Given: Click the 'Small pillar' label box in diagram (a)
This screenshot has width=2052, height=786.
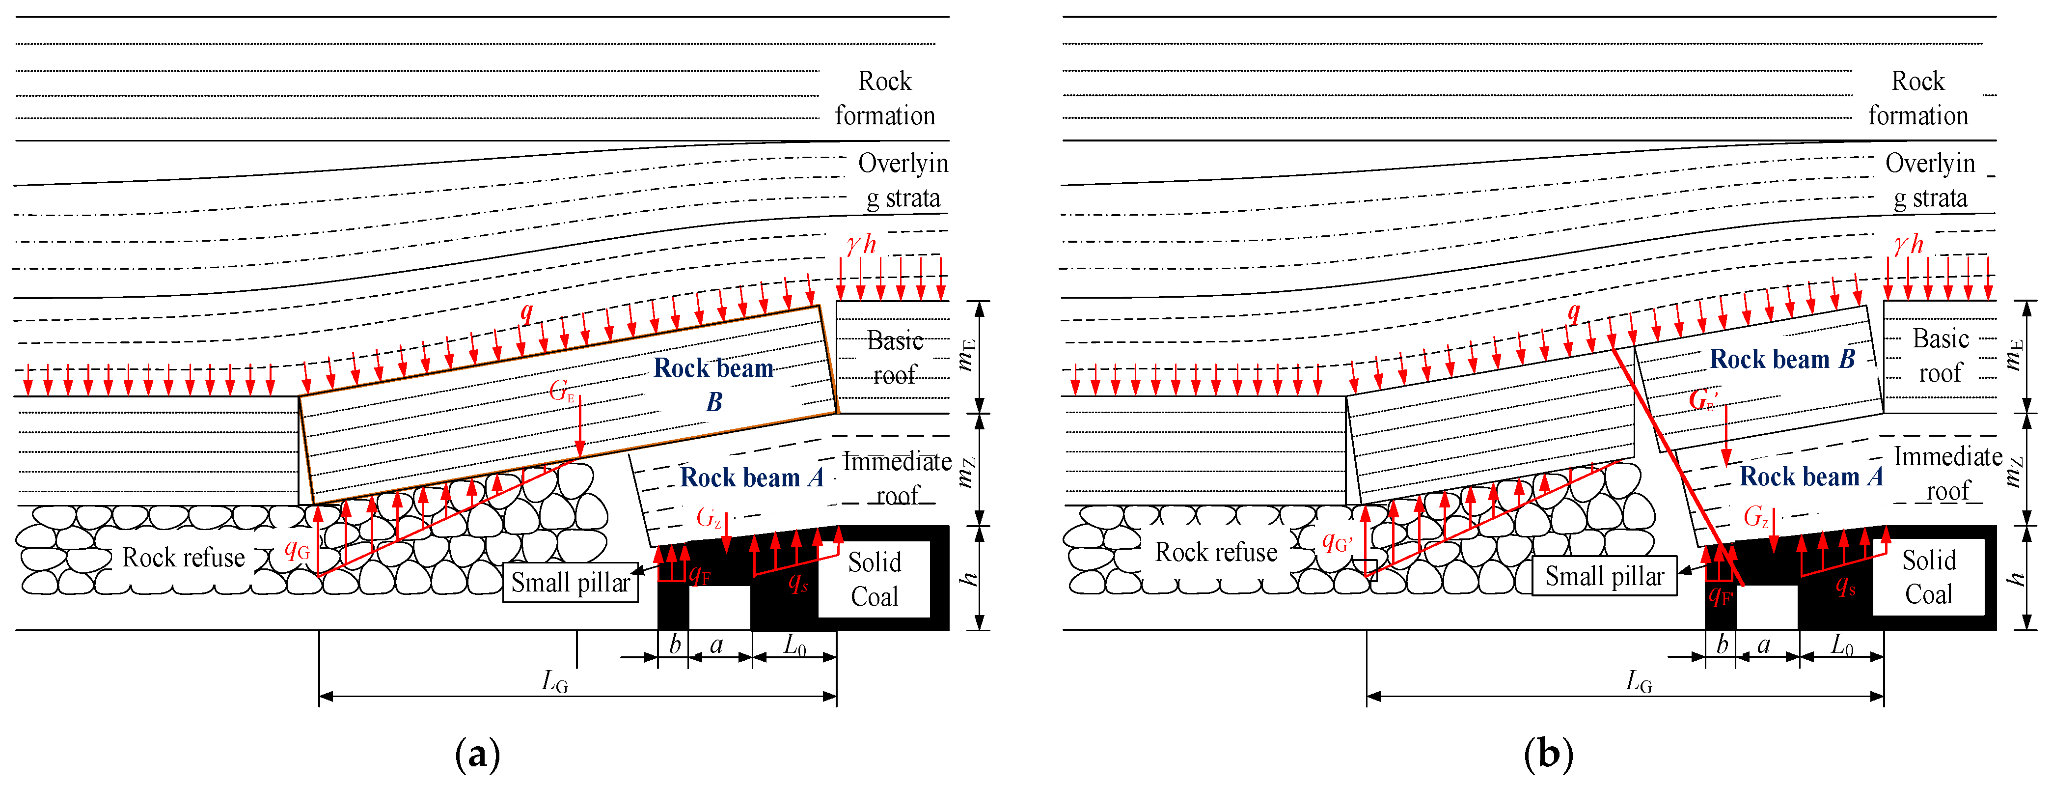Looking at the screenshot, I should pyautogui.click(x=571, y=583).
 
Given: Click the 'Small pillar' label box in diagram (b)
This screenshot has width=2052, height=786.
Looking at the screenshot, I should pyautogui.click(x=1604, y=576).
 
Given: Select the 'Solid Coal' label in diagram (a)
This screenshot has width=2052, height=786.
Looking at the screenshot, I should pyautogui.click(x=874, y=580).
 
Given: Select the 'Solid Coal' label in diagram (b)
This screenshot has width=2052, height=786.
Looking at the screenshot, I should pyautogui.click(x=1929, y=577).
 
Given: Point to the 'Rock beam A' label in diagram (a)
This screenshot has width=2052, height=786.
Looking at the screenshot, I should pyautogui.click(x=751, y=477).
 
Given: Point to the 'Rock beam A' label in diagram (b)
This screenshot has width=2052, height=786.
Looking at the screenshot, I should pyautogui.click(x=1810, y=477).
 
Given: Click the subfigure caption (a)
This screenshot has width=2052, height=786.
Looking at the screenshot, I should pyautogui.click(x=477, y=753).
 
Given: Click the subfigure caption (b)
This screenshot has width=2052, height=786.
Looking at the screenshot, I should pyautogui.click(x=1548, y=753).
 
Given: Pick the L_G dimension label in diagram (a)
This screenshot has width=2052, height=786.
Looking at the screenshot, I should pyautogui.click(x=554, y=681).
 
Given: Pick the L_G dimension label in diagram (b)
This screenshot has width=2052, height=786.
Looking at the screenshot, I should pyautogui.click(x=1639, y=681).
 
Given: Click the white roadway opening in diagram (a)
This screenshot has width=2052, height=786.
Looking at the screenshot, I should pyautogui.click(x=719, y=608).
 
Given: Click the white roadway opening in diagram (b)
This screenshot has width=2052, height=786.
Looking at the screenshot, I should pyautogui.click(x=1767, y=608).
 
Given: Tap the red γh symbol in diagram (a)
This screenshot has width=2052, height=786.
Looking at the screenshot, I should pyautogui.click(x=861, y=244).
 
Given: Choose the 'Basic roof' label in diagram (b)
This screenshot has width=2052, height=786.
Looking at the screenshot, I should pyautogui.click(x=1941, y=356).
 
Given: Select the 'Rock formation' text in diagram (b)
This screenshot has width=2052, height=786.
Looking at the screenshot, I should pyautogui.click(x=1918, y=98).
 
